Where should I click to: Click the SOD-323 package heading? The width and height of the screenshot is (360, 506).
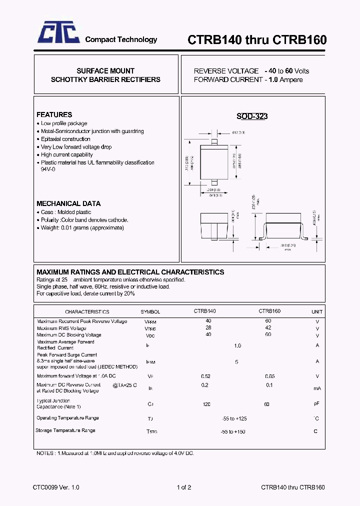point(252,116)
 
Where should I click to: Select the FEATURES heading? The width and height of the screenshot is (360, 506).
point(54,114)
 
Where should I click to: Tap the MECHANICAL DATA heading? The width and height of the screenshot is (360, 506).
point(68,203)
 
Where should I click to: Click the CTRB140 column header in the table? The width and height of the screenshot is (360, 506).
point(205,311)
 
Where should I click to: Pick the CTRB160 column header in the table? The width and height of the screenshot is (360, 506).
point(269,311)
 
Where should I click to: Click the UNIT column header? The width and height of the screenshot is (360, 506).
point(317,311)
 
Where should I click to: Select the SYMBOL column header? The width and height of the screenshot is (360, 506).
point(150,311)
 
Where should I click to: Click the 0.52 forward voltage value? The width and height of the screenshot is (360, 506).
point(205,376)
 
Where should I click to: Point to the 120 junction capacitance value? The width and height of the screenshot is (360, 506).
point(206,404)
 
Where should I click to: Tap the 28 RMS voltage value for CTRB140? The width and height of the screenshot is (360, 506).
point(208,327)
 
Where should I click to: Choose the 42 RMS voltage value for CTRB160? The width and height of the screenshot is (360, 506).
point(268,327)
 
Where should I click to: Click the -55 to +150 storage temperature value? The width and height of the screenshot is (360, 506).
point(233,431)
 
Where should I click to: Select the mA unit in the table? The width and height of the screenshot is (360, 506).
point(317,388)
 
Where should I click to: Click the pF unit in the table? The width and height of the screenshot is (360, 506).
point(317,403)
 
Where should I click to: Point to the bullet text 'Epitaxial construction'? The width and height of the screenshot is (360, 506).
point(65,139)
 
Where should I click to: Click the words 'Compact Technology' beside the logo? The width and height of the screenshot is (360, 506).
point(121,39)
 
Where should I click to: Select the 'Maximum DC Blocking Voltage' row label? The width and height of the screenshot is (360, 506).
point(69,334)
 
